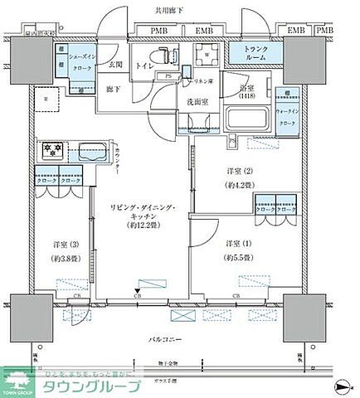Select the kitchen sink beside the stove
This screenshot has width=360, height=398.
click(90, 153)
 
